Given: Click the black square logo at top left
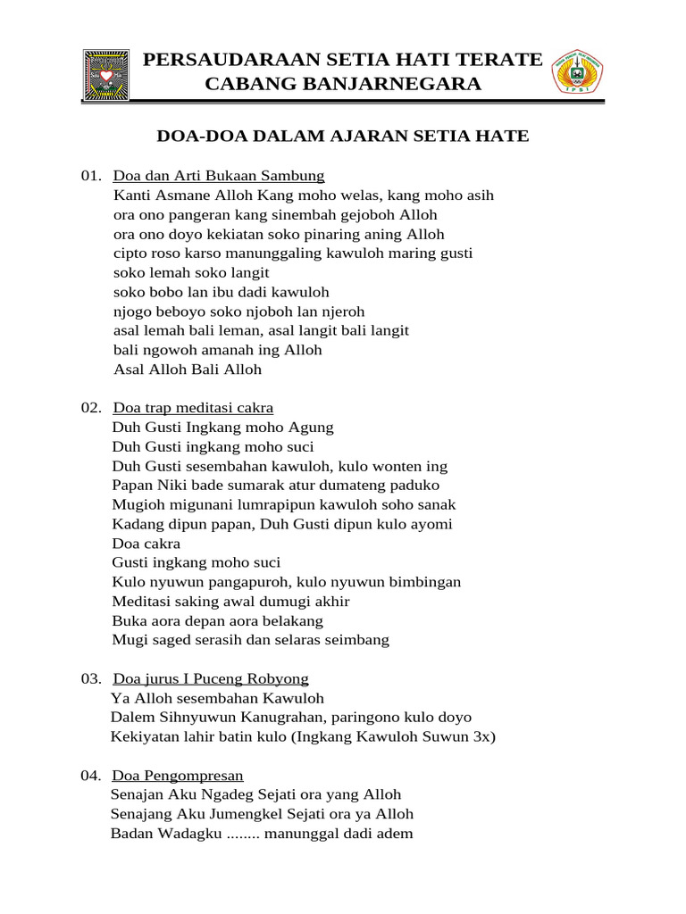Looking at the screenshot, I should [x=105, y=74].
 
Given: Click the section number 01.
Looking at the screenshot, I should [x=93, y=175].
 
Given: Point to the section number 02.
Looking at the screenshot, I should [x=93, y=408].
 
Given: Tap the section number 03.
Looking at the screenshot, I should [x=93, y=679].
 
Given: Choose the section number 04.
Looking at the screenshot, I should [x=93, y=775].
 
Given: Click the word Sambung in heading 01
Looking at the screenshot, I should [x=294, y=175].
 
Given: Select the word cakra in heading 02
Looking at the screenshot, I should [x=255, y=408].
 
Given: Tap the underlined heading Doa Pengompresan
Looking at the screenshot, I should [x=178, y=775].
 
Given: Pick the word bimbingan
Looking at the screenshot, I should [x=421, y=582].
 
